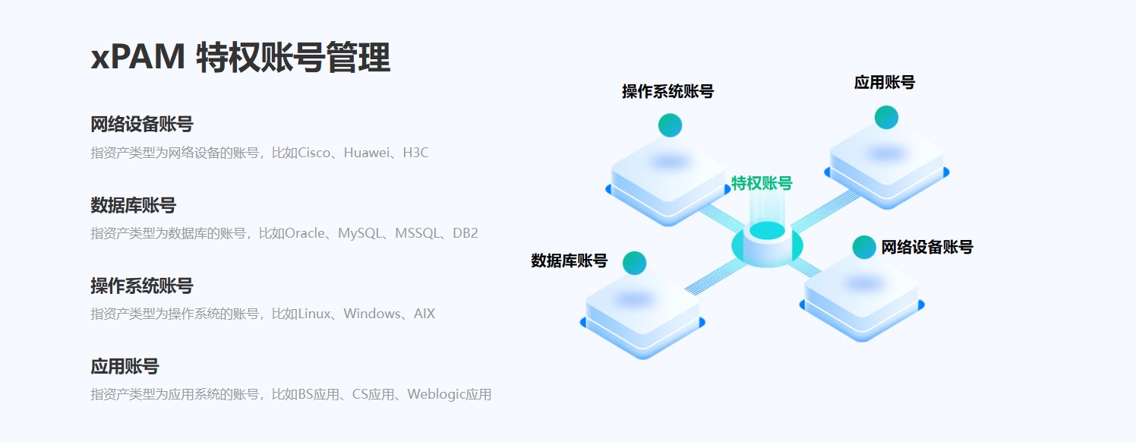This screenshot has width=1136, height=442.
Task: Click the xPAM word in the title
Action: click(137, 58)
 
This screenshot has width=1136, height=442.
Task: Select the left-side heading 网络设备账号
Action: click(141, 125)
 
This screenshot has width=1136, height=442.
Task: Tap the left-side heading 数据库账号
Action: click(133, 205)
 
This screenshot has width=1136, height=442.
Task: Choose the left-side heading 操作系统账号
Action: click(141, 286)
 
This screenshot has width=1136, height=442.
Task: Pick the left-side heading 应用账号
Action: click(125, 367)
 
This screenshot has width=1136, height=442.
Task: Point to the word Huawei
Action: click(368, 153)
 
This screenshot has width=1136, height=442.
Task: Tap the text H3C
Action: click(415, 153)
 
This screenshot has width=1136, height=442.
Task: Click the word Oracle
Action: click(305, 233)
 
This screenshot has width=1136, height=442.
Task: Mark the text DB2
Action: click(465, 233)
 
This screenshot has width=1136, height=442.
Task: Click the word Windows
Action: click(371, 314)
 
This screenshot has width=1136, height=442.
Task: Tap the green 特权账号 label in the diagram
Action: click(762, 183)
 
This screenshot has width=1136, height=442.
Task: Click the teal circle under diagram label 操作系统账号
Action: click(670, 125)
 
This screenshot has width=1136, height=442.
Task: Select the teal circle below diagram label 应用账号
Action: click(886, 117)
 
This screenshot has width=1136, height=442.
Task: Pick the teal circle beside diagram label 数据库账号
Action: click(634, 263)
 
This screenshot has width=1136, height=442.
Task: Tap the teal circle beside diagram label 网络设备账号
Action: click(864, 247)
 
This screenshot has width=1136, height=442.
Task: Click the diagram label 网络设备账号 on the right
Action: click(927, 247)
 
